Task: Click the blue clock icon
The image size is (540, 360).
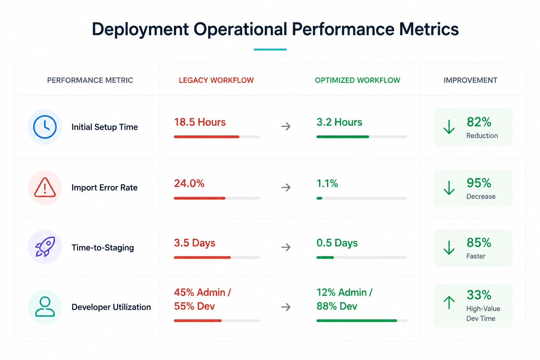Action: (x=45, y=127)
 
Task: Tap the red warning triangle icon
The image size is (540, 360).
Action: (x=45, y=188)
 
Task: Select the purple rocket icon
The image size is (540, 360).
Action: (x=45, y=246)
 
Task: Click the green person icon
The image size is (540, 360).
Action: (x=45, y=307)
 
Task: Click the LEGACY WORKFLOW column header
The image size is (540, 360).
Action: (x=216, y=80)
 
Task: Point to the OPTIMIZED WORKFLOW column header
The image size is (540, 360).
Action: (x=358, y=80)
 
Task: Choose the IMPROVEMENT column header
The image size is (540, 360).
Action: (x=471, y=80)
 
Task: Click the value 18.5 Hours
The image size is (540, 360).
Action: (x=200, y=122)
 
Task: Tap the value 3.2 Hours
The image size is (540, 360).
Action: (x=339, y=122)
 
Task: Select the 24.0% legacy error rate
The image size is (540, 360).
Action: (x=189, y=184)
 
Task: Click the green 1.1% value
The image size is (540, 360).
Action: (x=327, y=184)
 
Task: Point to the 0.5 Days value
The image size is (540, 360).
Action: (x=337, y=243)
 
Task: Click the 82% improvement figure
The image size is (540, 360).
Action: (x=479, y=122)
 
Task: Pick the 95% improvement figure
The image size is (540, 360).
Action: (x=479, y=183)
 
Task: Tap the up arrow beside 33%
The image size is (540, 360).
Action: (x=449, y=302)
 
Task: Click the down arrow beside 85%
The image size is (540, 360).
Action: (x=449, y=247)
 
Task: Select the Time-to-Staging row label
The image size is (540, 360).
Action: (x=103, y=247)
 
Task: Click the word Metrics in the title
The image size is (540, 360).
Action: (x=429, y=29)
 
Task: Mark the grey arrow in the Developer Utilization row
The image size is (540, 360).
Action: (x=286, y=307)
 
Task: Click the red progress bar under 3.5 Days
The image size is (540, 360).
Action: (x=202, y=258)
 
